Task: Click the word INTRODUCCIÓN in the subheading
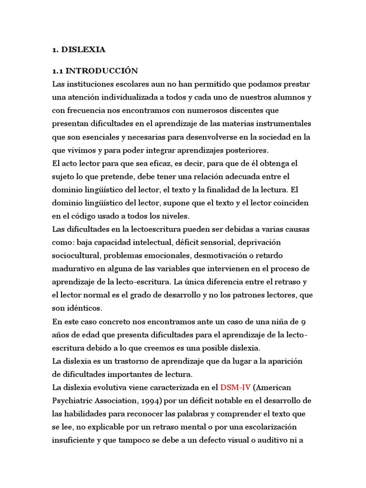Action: [102, 71]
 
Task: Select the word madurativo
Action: [74, 268]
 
